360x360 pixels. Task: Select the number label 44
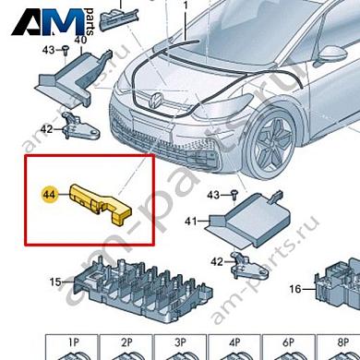48,195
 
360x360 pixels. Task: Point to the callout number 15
54,282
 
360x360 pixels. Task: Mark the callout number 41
191,222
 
